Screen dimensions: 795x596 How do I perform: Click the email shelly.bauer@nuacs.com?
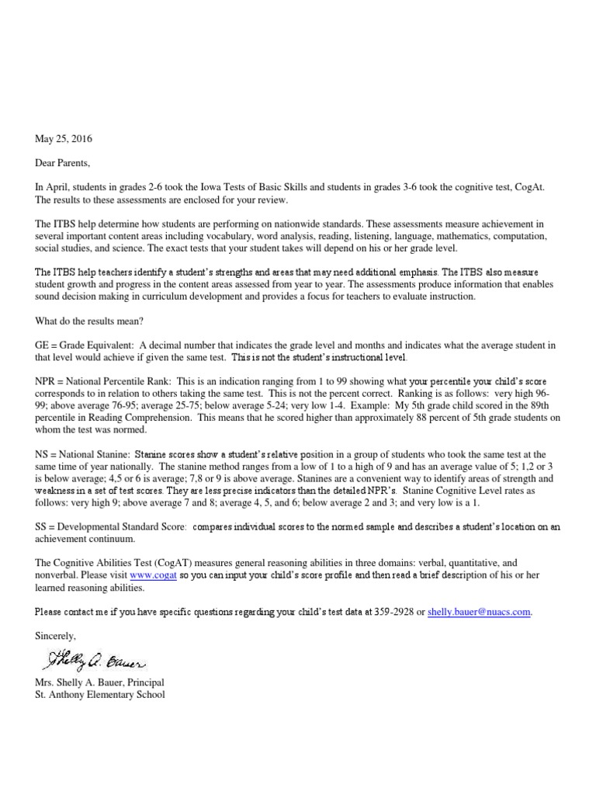[479, 612]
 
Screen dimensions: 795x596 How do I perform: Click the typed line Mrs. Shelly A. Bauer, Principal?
[99, 682]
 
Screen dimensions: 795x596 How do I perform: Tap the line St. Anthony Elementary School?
[100, 695]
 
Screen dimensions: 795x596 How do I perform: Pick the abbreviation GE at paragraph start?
[43, 345]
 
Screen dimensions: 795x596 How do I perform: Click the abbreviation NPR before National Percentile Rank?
[46, 382]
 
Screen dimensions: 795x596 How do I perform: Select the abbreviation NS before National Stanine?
[43, 454]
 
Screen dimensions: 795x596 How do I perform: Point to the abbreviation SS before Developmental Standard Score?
[42, 526]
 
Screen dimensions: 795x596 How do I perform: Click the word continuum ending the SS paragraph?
[113, 539]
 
